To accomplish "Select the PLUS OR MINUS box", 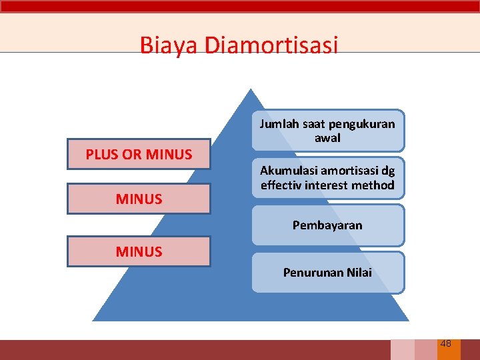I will coord(139,154).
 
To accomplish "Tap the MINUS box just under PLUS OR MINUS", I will coord(139,199).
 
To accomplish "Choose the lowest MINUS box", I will coord(139,251).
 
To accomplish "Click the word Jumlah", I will coord(278,124).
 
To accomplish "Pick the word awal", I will coord(327,138).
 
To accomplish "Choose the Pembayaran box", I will coord(327,225).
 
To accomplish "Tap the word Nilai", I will coord(359,272).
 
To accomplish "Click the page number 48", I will coord(445,343).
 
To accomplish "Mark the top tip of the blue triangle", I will coord(249,90).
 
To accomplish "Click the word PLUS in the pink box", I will coord(102,155).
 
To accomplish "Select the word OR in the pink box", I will coord(132,155).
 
